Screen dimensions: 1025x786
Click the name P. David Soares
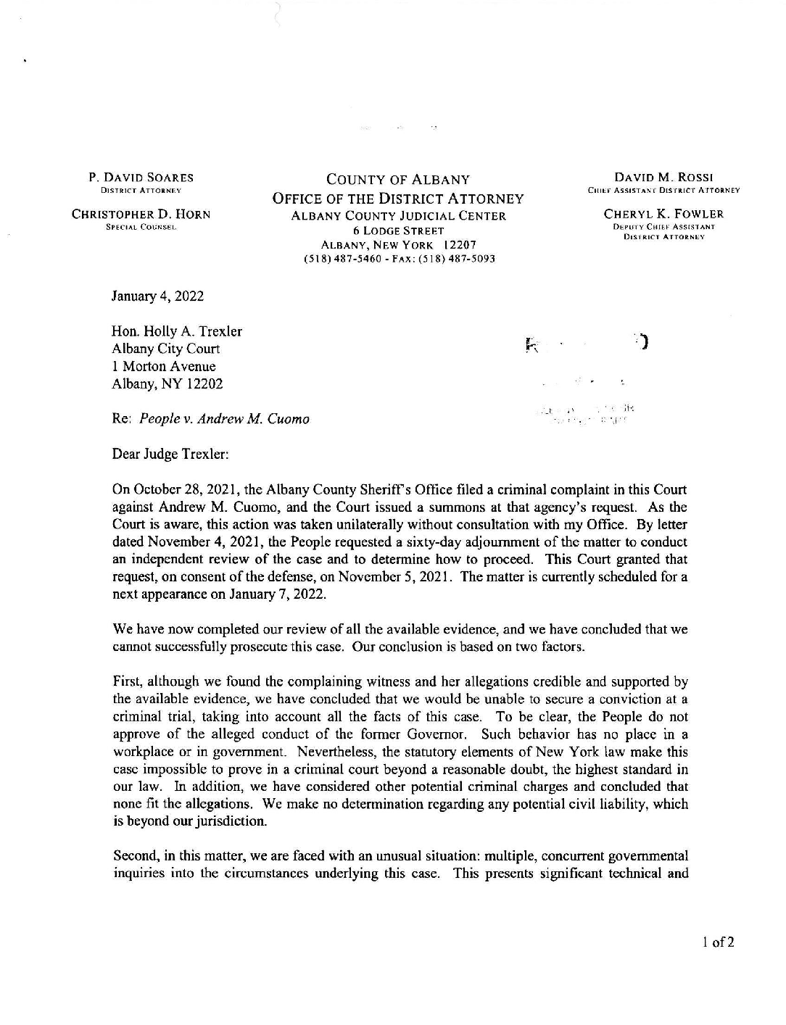coord(141,178)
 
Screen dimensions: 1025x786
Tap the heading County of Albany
coord(397,180)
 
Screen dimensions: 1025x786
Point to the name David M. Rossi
coord(664,178)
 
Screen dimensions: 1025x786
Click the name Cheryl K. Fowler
coord(664,214)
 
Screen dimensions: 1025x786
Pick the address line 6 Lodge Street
coord(398,231)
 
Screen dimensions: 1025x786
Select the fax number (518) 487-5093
coord(463,258)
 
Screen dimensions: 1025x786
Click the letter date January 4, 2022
coord(157,296)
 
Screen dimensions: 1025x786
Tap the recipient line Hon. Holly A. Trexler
coord(177,331)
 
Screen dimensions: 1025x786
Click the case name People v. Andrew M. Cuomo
coord(224,419)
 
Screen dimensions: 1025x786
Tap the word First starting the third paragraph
coord(128,682)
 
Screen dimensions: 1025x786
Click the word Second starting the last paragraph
coord(135,856)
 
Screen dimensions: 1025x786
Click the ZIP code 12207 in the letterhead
coord(460,245)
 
